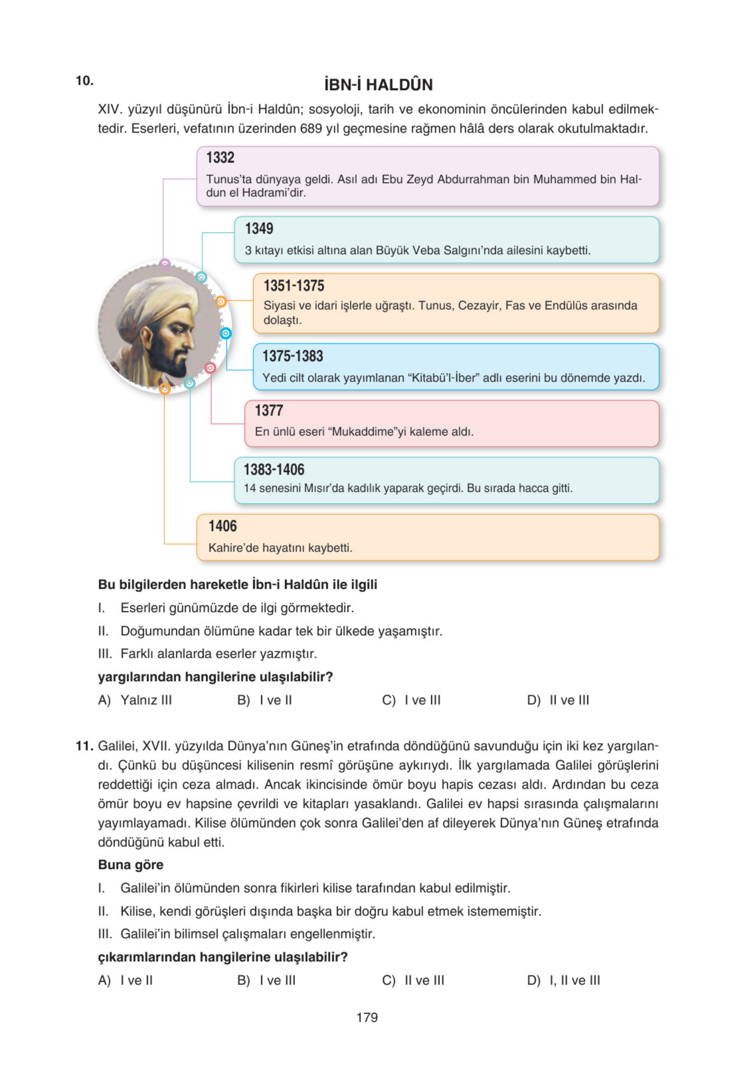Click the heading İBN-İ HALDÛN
coord(378,85)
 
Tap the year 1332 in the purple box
coord(220,158)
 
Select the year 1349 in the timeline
coord(259,228)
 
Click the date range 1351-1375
coord(293,286)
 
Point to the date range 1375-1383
coord(293,356)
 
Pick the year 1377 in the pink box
coord(269,411)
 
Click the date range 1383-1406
coord(274,469)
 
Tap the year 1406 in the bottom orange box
coord(223,526)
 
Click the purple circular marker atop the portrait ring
coord(165,265)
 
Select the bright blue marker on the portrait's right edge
coord(225,333)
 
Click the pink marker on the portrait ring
coord(210,368)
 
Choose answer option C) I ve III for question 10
coord(411,700)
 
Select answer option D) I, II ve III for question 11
coord(563,980)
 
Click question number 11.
coord(84,746)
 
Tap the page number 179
coord(367,1017)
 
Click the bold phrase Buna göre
coord(131,865)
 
